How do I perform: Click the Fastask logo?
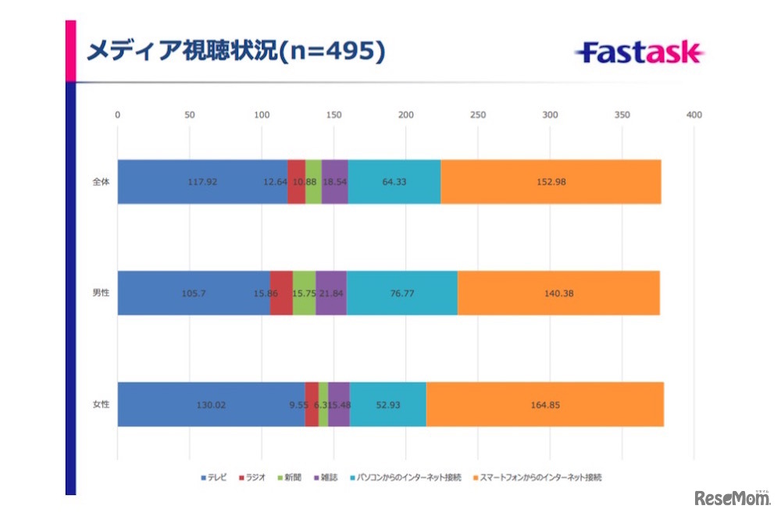pos(640,53)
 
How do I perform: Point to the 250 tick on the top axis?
pos(478,115)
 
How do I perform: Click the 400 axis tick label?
pos(694,115)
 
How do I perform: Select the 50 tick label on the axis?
pos(189,115)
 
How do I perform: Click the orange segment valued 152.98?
pos(551,182)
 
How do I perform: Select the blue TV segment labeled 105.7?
pos(193,294)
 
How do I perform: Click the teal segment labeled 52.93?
pos(387,404)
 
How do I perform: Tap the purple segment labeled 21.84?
pos(331,294)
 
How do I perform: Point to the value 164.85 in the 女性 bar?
pos(544,404)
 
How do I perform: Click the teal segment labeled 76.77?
pos(401,294)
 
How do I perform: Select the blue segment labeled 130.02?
pos(211,404)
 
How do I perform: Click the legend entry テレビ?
pos(215,477)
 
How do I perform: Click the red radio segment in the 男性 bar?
pos(281,294)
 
